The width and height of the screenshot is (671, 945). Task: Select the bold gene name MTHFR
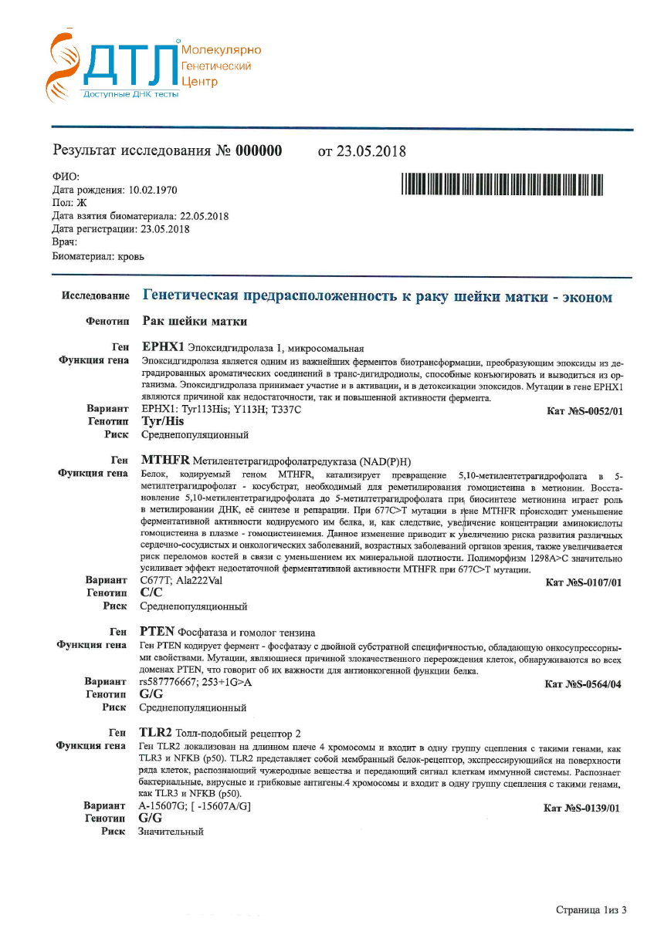click(x=165, y=460)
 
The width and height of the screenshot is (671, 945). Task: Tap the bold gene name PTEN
click(x=158, y=632)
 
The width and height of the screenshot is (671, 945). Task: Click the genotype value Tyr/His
click(x=162, y=422)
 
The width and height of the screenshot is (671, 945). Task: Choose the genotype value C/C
click(x=151, y=592)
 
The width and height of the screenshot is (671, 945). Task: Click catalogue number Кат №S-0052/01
click(x=584, y=412)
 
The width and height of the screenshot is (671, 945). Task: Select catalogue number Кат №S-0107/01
click(x=583, y=582)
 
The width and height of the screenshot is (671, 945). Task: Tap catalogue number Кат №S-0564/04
click(x=583, y=684)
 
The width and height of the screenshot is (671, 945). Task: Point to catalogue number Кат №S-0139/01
click(x=581, y=808)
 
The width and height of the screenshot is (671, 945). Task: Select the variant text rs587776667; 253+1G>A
click(x=195, y=682)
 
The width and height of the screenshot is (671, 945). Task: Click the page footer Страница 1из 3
click(x=591, y=910)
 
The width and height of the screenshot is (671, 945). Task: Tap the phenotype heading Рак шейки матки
click(x=195, y=321)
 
